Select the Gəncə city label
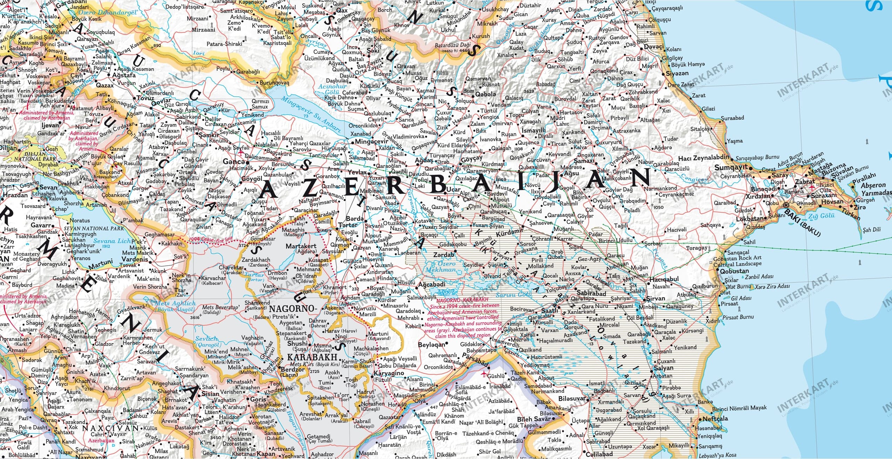pos(234,162)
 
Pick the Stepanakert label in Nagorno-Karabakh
pos(291,333)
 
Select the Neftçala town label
pos(715,418)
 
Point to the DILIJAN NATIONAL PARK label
pos(35,156)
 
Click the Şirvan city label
pos(655,298)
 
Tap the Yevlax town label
pos(357,172)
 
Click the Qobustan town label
pos(734,271)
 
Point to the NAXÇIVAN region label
pos(110,428)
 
